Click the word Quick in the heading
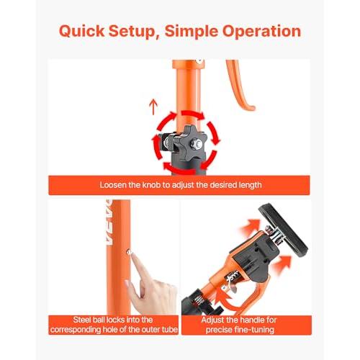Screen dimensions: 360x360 [x=82, y=31]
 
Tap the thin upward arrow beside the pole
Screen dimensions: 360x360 [x=153, y=107]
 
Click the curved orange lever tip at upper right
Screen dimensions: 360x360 [x=250, y=107]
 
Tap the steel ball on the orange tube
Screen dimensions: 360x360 [x=129, y=251]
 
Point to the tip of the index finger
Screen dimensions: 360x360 [x=132, y=256]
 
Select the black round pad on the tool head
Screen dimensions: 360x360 [x=283, y=230]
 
